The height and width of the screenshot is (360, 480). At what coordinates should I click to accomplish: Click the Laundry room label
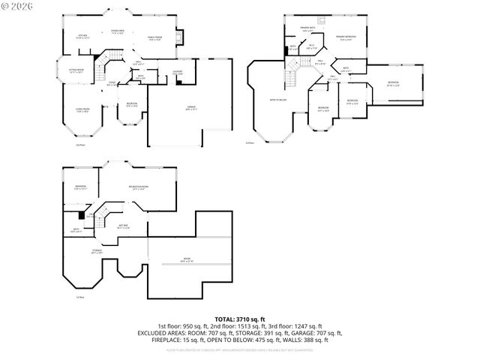[x=178, y=71]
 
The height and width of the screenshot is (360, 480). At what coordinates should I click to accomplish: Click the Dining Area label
[x=118, y=31]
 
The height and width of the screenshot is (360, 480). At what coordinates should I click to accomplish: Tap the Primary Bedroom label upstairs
[x=346, y=37]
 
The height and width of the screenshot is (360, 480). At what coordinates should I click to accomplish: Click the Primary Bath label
[x=308, y=29]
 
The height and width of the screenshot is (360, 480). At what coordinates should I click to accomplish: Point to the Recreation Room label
[x=138, y=187]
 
